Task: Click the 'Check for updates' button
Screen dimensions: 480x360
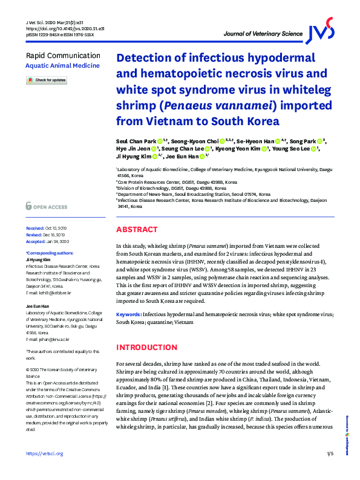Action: (x=47, y=80)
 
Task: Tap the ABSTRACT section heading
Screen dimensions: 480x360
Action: (x=137, y=230)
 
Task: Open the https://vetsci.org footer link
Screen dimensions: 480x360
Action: (x=45, y=470)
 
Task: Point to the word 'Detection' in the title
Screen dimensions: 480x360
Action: (x=147, y=59)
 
